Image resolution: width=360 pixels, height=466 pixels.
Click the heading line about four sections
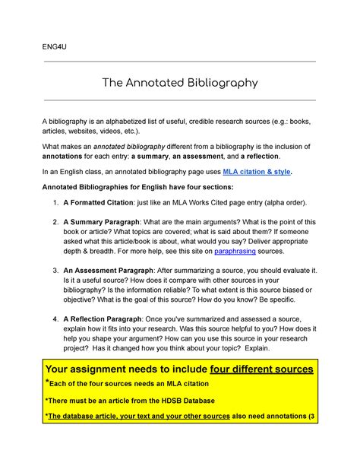pyautogui.click(x=138, y=187)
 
